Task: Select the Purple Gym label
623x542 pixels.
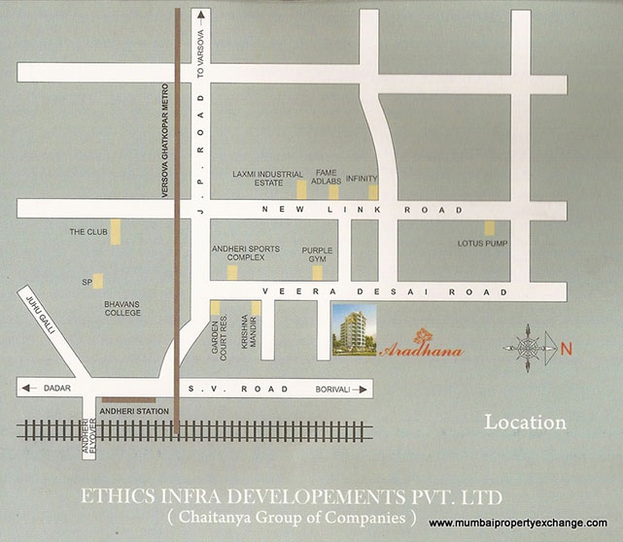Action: [317, 254]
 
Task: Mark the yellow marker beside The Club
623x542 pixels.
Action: [116, 232]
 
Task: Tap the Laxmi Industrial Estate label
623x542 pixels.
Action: [268, 178]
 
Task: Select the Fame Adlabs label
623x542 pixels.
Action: [325, 178]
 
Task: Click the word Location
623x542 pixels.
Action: [525, 423]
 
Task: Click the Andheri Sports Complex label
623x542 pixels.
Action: [245, 254]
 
